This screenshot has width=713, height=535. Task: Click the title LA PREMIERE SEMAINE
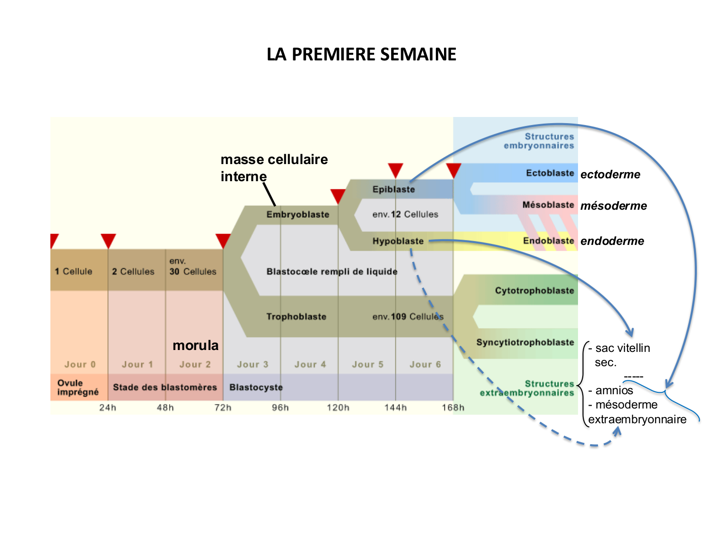361,54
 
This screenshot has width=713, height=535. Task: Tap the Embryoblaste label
298,214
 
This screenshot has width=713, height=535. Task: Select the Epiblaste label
394,189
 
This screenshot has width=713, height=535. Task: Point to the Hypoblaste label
398,241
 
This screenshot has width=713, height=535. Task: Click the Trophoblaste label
296,317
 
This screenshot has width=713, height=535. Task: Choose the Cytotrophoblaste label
534,291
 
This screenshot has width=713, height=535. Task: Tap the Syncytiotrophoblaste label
525,342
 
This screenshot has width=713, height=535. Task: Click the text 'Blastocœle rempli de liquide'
332,272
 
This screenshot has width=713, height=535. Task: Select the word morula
195,345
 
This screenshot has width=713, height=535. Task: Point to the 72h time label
222,408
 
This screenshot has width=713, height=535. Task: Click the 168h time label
453,408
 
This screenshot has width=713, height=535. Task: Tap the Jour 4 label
310,365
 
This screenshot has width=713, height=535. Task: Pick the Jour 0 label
80,365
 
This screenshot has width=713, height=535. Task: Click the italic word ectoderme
610,175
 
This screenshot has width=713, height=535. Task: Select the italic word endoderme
612,241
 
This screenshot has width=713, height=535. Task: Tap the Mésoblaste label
548,205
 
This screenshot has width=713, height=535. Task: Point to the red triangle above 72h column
223,240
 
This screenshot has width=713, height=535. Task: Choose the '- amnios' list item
611,390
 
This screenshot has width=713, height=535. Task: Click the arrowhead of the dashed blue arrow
617,430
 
